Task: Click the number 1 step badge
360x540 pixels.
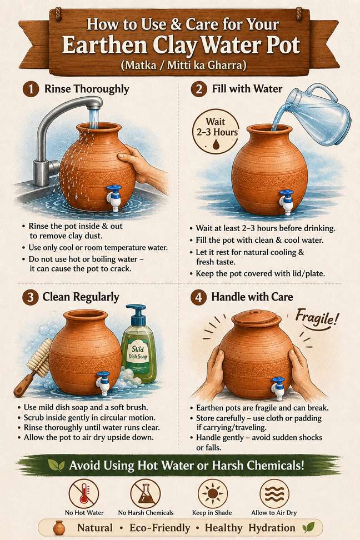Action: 31,89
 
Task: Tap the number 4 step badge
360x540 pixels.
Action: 198,297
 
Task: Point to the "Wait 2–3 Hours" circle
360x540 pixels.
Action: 216,133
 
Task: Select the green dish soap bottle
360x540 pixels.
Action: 138,344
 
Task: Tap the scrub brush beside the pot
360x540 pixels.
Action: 34,366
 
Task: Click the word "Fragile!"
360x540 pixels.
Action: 317,318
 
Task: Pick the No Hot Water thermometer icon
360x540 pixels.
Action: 84,494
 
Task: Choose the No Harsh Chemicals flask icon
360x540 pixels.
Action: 146,494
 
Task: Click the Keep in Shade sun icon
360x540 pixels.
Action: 213,494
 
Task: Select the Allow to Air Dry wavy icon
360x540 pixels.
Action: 274,494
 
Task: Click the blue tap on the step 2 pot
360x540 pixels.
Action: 286,202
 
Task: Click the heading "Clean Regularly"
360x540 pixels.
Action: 81,297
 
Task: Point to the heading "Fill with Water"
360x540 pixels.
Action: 247,89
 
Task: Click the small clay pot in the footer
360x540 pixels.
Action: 59,528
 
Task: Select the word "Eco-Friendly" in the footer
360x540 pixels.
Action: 160,528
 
